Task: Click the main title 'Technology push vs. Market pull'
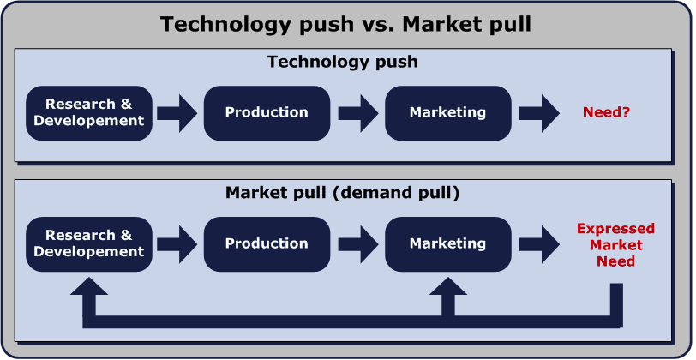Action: coord(345,24)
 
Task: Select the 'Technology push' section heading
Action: coord(342,62)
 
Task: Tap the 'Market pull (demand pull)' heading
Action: coord(342,193)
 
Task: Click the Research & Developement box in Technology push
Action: coord(89,113)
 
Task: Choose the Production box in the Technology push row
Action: coord(267,113)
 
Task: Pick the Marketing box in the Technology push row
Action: coord(448,113)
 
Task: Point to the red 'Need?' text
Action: coord(606,112)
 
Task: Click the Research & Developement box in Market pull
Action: coord(89,244)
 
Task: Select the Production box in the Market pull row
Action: coord(267,244)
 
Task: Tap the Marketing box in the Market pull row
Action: coord(448,244)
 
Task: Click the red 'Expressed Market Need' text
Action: coord(615,244)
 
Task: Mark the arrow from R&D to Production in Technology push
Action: coord(177,113)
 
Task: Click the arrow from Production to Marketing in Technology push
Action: coord(358,113)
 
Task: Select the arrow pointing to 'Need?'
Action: coord(539,113)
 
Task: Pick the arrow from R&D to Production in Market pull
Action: coord(177,244)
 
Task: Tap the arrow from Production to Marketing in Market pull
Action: coord(358,244)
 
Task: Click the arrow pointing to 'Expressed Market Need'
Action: coord(539,244)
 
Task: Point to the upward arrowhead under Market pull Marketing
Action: coord(448,288)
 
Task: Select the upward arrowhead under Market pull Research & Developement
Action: coord(89,288)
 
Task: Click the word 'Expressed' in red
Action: coord(615,229)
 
